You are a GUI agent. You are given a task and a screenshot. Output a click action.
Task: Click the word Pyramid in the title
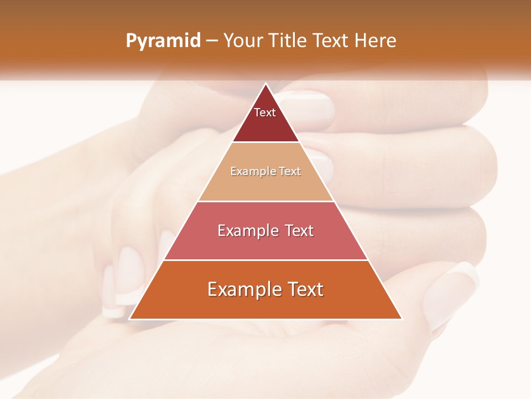(x=163, y=41)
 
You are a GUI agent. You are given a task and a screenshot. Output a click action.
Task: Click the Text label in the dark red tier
(x=265, y=112)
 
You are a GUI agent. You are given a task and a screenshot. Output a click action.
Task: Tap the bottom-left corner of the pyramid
(x=130, y=319)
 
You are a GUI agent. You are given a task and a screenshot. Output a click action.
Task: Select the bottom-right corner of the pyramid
(x=402, y=319)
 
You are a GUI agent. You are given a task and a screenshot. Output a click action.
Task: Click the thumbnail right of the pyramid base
(x=451, y=294)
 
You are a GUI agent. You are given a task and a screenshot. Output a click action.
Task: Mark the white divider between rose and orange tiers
(x=265, y=260)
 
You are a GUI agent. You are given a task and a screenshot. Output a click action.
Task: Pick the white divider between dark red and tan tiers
(x=265, y=142)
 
